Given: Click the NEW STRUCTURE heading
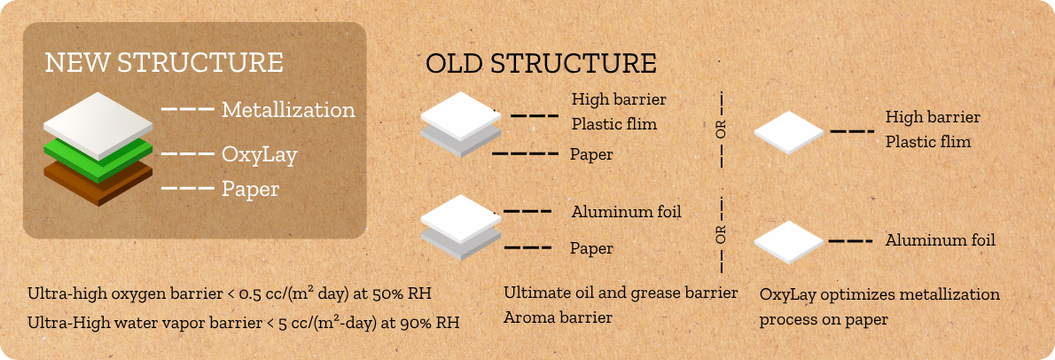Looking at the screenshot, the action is tap(164, 62).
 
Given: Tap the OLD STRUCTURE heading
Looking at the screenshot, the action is tap(541, 63).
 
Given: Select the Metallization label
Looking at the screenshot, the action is tap(289, 109).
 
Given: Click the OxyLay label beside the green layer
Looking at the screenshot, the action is tap(260, 155).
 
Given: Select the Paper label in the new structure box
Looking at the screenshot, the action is tap(250, 190).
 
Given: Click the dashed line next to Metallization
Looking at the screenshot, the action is tap(188, 108).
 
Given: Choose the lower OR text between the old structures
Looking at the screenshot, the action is tap(722, 236).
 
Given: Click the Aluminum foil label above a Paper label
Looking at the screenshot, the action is tap(627, 212).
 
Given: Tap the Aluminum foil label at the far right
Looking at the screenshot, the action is tap(940, 240).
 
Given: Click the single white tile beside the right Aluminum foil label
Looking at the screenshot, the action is tap(788, 242).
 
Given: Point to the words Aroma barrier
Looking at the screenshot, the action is tap(558, 317).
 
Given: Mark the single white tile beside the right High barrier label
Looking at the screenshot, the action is tap(788, 132).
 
